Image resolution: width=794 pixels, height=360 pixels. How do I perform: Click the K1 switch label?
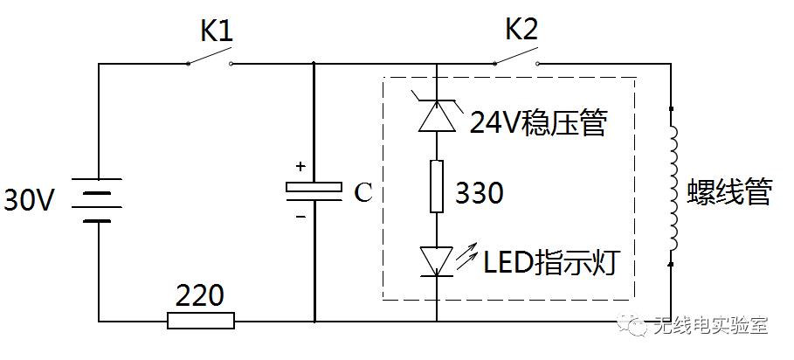(217, 32)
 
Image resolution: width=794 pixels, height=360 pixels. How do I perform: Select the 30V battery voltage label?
(28, 200)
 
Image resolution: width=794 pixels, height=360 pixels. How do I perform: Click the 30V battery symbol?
(97, 200)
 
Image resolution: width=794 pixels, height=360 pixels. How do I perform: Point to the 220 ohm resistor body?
(201, 321)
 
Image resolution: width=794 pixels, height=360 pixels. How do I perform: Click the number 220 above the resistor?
(199, 295)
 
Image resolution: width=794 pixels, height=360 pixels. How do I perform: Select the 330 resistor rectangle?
(437, 186)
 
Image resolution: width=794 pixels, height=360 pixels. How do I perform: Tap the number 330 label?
(479, 193)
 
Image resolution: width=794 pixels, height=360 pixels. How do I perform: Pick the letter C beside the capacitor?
(363, 193)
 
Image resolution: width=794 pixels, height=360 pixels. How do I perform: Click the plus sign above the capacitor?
(300, 166)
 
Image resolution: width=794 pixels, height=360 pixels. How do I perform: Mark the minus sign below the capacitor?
(300, 218)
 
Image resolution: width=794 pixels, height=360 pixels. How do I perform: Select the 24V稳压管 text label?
(538, 122)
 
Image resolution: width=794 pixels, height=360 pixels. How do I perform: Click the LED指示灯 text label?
(551, 261)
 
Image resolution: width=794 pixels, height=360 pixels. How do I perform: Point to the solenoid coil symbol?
(673, 186)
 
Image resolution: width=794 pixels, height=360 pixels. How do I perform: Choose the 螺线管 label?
(729, 192)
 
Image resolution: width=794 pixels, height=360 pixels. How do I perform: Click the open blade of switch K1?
(210, 56)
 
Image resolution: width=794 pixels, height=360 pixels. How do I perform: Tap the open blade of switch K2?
(515, 56)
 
